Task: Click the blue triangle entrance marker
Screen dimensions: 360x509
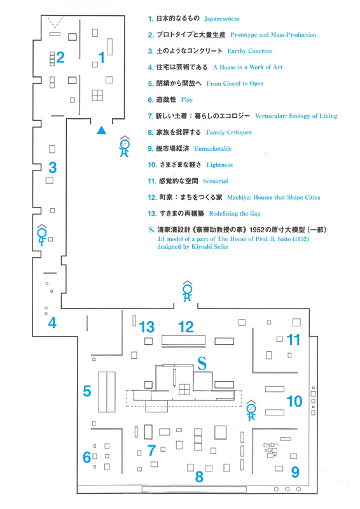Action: (x=101, y=130)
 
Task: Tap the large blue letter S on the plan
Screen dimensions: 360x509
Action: (x=202, y=363)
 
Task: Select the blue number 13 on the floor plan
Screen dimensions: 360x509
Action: (x=146, y=327)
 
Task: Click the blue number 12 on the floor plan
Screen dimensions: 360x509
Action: (x=186, y=327)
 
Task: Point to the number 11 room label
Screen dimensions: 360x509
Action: (x=294, y=340)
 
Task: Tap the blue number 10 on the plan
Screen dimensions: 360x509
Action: (x=294, y=401)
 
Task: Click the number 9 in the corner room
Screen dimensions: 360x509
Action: (x=295, y=472)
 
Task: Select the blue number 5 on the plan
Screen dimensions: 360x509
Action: (x=87, y=391)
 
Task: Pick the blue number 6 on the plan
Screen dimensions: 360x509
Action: (x=87, y=457)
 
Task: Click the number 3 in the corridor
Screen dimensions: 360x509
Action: (x=53, y=168)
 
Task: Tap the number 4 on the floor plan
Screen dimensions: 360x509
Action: (x=52, y=323)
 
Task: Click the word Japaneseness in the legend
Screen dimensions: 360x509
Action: (x=222, y=18)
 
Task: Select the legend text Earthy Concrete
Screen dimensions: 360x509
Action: (x=249, y=51)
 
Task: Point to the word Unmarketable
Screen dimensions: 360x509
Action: (x=213, y=148)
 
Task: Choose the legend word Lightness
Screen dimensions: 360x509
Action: (x=220, y=165)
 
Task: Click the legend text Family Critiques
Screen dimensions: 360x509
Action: (x=229, y=132)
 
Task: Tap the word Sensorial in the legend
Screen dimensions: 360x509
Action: (x=216, y=181)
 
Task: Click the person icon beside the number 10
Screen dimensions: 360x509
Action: (x=251, y=410)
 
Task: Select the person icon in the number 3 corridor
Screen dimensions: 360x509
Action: (x=42, y=235)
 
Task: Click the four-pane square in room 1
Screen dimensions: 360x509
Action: (x=97, y=95)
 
